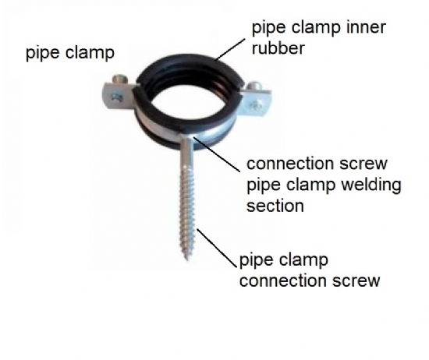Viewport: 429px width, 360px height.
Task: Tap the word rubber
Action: click(278, 48)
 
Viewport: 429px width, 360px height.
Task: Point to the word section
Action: click(275, 206)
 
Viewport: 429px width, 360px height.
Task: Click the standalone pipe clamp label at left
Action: click(70, 53)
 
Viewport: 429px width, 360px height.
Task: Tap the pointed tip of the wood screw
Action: click(187, 259)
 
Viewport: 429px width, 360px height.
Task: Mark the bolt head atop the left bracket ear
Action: click(120, 79)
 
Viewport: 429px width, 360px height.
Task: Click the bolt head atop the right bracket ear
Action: click(254, 86)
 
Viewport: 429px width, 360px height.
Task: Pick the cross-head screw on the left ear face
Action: click(116, 97)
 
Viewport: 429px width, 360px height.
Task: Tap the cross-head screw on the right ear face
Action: click(254, 105)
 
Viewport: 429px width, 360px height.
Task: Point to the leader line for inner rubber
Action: click(230, 49)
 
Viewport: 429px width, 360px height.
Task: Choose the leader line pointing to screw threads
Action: click(217, 248)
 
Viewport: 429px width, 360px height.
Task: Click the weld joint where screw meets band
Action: click(187, 136)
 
